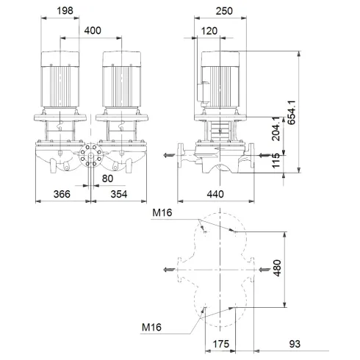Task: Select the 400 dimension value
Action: tap(93, 31)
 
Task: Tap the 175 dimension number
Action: tap(229, 344)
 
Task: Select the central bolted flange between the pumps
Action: tap(92, 156)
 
